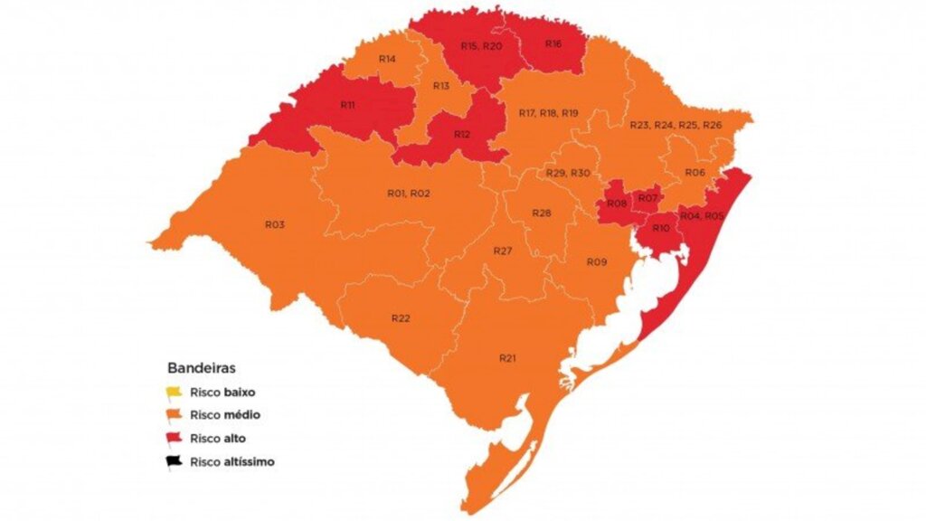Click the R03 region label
(x=275, y=223)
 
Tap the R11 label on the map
(x=347, y=105)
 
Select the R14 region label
(x=387, y=59)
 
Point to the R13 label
(x=441, y=86)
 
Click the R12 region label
(x=462, y=135)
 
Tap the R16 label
(x=553, y=43)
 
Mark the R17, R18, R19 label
(x=548, y=113)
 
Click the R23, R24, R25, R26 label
(x=676, y=124)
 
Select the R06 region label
(x=694, y=172)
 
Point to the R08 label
(x=617, y=204)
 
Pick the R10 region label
(x=660, y=229)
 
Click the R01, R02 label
(x=409, y=194)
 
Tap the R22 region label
(x=402, y=318)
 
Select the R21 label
(x=507, y=359)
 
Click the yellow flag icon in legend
(x=175, y=393)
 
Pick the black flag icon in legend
(x=175, y=462)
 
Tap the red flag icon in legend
(x=175, y=440)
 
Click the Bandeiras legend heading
(x=202, y=369)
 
